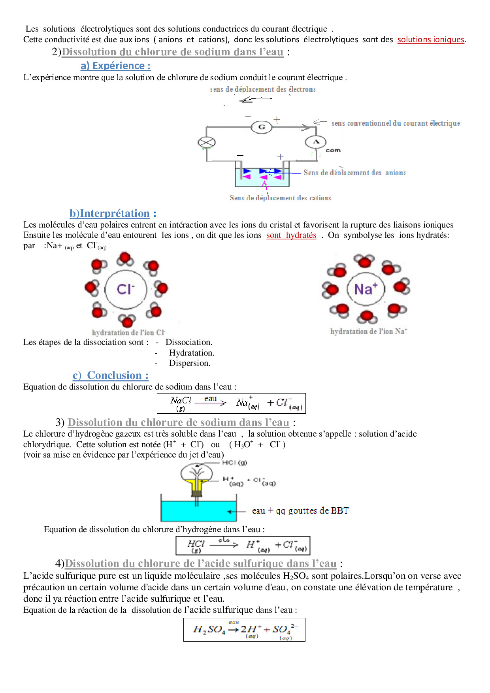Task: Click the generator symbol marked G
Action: pyautogui.click(x=262, y=127)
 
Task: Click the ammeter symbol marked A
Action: pyautogui.click(x=316, y=142)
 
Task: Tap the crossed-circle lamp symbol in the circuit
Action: pyautogui.click(x=206, y=143)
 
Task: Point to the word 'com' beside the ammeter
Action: pyautogui.click(x=333, y=150)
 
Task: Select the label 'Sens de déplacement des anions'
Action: pyautogui.click(x=354, y=173)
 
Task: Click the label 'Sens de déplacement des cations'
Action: pyautogui.click(x=280, y=198)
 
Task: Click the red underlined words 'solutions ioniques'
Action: pyautogui.click(x=431, y=40)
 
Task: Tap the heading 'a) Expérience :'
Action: pyautogui.click(x=115, y=66)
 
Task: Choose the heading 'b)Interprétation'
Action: pyautogui.click(x=109, y=213)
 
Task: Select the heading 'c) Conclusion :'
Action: pyautogui.click(x=111, y=375)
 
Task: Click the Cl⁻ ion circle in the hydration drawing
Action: pyautogui.click(x=126, y=289)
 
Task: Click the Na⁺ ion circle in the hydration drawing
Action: pyautogui.click(x=366, y=289)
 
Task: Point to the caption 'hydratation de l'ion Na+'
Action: pyautogui.click(x=369, y=331)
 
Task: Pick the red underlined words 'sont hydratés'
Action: pyautogui.click(x=291, y=235)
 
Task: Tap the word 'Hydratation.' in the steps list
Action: pyautogui.click(x=191, y=352)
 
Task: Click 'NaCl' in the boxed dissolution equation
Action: pyautogui.click(x=181, y=401)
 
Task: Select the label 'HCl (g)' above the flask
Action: pyautogui.click(x=234, y=463)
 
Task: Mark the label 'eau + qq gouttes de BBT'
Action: pyautogui.click(x=300, y=510)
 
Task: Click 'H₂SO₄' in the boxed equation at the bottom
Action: pyautogui.click(x=209, y=629)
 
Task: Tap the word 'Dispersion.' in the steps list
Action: pyautogui.click(x=189, y=363)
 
